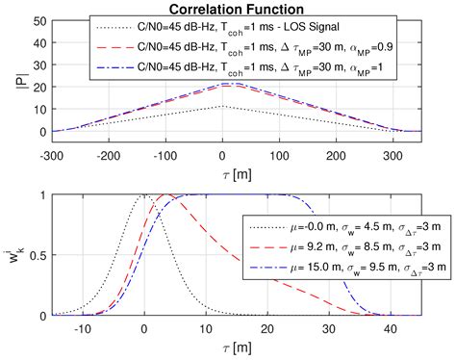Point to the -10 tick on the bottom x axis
82,328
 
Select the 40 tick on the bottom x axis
390,328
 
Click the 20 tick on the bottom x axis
266,328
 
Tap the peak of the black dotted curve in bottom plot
143,195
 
